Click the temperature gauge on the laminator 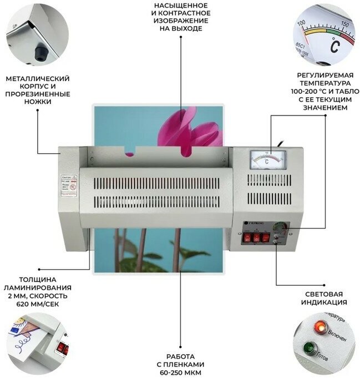tap(267, 160)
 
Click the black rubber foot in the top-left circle tap(39, 53)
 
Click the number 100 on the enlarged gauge tap(302, 23)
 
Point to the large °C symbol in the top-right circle tap(334, 48)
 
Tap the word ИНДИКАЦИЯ tap(324, 303)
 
